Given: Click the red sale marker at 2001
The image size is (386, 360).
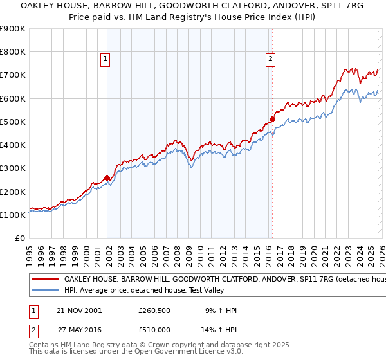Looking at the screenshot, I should click(107, 178).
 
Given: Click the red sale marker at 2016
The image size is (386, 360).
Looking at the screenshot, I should click(272, 119).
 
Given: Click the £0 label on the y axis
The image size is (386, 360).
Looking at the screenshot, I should click(21, 238).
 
